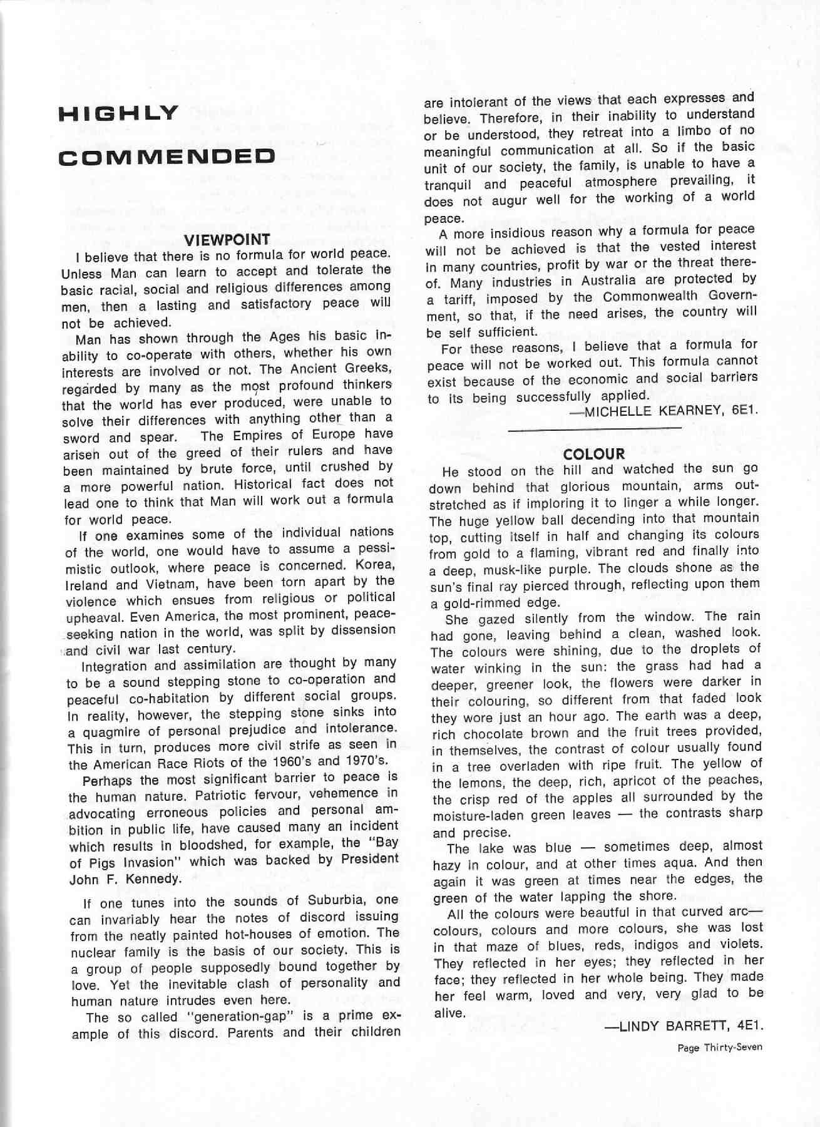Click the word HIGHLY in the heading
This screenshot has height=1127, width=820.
pyautogui.click(x=119, y=113)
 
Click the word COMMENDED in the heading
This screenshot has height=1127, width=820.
pyautogui.click(x=167, y=157)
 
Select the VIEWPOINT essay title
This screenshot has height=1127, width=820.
pyautogui.click(x=227, y=239)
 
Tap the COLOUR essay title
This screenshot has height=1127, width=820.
pyautogui.click(x=593, y=453)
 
